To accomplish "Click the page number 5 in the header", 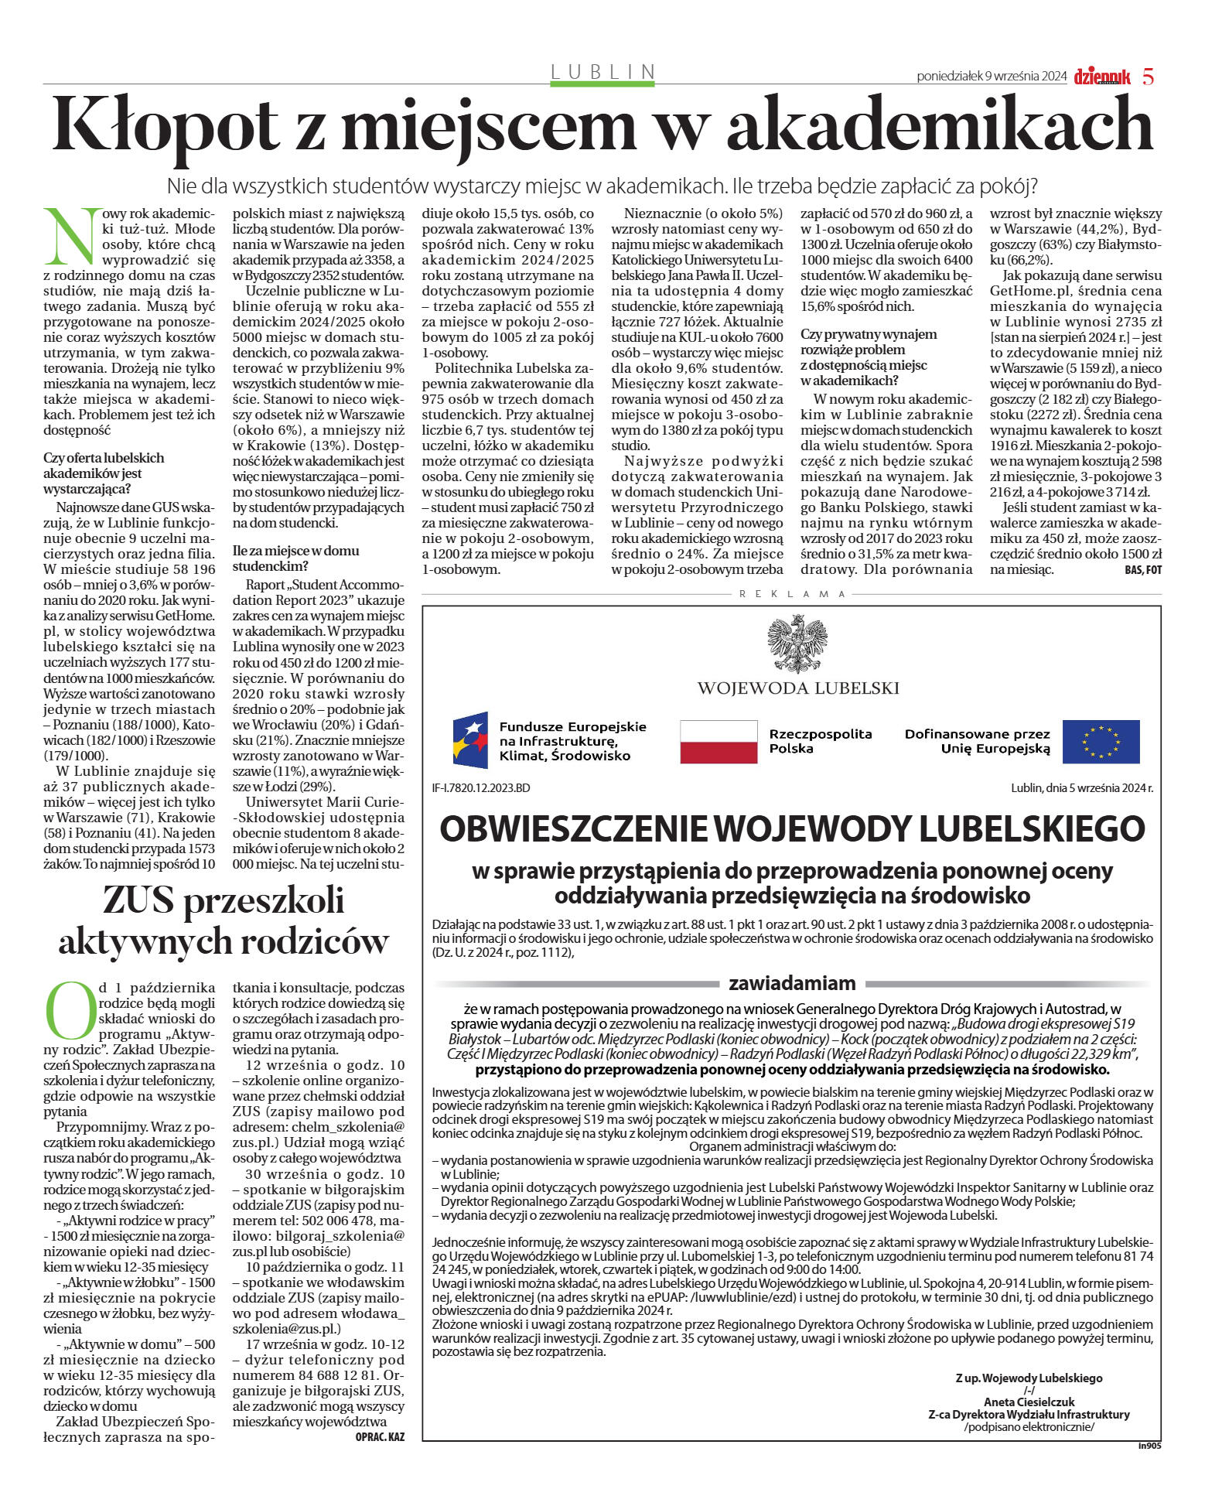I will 1148,77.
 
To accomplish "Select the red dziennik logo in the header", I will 1101,77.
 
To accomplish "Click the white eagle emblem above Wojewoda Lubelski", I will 797,644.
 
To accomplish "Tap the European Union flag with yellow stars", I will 1100,741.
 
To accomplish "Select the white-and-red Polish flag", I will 719,741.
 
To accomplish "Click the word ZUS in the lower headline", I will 148,901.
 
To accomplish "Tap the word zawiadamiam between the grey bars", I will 791,983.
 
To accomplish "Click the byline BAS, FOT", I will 1142,570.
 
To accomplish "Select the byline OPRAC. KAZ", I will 379,1437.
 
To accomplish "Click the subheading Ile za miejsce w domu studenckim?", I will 295,558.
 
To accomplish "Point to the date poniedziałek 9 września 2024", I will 992,76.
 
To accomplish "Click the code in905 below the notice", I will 1149,1445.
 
